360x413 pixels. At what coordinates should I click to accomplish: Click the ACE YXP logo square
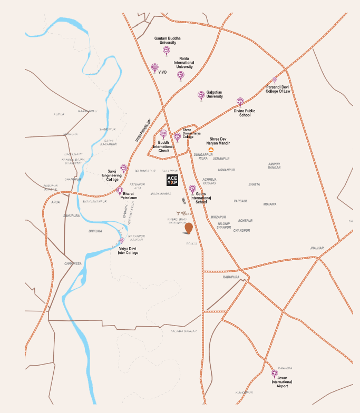tap(172, 181)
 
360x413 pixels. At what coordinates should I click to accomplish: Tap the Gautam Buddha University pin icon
tap(166, 51)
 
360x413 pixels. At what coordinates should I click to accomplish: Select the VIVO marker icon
tap(155, 67)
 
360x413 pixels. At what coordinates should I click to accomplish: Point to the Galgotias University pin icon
tap(201, 95)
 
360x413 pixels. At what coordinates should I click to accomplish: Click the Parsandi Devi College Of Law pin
tap(275, 80)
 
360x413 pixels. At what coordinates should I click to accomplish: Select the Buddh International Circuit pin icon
tap(163, 134)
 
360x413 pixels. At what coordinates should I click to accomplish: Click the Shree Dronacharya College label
tap(191, 133)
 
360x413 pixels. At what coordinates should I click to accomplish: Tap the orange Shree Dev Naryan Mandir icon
tap(211, 150)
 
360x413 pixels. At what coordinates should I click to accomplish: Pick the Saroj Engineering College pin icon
tap(123, 168)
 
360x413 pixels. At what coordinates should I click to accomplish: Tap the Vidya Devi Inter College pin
tap(122, 241)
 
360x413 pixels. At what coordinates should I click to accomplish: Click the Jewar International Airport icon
tap(274, 373)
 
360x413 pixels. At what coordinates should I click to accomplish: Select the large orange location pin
tap(188, 228)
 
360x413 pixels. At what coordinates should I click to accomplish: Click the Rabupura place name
tap(231, 277)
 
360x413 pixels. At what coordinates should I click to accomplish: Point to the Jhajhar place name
tap(316, 248)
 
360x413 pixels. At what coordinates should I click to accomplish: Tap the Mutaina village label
tap(270, 204)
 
